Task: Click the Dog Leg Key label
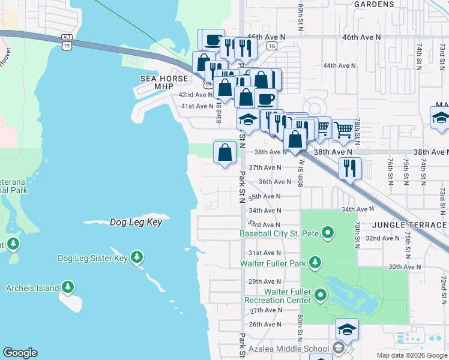click(x=136, y=222)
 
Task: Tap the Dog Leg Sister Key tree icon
click(x=137, y=257)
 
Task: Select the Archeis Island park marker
click(x=68, y=287)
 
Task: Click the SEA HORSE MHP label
click(x=155, y=82)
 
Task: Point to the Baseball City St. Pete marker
click(x=328, y=232)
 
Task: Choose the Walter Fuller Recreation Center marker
click(x=321, y=295)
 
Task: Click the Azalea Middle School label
click(x=287, y=348)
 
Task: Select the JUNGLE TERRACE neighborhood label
click(x=409, y=224)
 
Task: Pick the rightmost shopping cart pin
click(x=343, y=128)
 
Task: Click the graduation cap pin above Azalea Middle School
click(x=347, y=328)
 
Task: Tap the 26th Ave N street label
click(x=265, y=325)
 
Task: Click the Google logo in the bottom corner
click(x=20, y=353)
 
